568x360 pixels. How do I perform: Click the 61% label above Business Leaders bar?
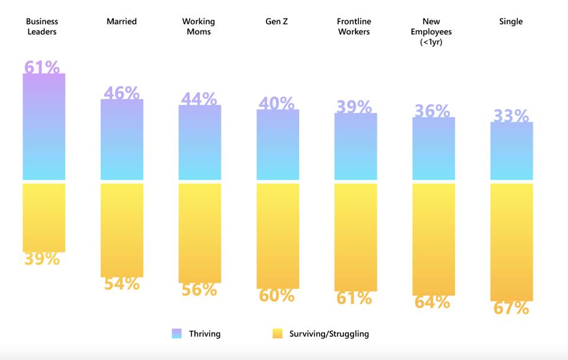42,67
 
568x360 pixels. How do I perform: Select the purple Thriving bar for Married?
122,140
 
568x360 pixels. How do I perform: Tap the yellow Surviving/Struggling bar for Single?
512,242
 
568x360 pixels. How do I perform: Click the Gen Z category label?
277,22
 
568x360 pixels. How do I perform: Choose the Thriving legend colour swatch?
177,334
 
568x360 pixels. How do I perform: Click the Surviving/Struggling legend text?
329,334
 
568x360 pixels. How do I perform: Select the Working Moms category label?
198,27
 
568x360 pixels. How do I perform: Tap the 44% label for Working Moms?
198,99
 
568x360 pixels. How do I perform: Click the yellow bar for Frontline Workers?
355,237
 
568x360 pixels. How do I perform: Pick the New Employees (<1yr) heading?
431,31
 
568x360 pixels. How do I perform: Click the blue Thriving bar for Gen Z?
278,145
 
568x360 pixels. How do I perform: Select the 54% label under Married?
122,284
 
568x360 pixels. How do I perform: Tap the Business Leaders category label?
42,27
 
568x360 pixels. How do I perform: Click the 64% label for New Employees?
432,302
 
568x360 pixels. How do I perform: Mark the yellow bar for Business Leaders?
44,217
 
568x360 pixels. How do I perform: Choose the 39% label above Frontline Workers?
354,107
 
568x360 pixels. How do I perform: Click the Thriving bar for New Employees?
434,149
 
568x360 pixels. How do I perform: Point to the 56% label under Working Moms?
199,289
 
